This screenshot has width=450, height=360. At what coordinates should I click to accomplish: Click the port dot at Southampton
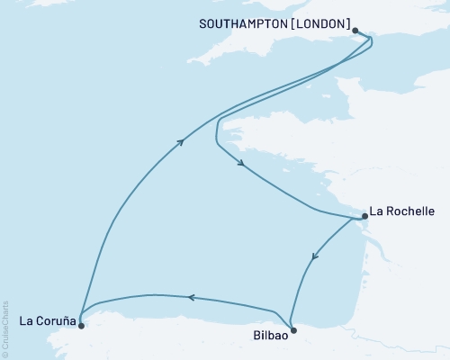(x=355, y=31)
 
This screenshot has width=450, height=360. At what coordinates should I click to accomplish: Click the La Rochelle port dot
(x=364, y=216)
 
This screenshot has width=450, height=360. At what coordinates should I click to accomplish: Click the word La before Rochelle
(x=378, y=212)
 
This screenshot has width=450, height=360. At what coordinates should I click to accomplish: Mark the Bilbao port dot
(x=292, y=329)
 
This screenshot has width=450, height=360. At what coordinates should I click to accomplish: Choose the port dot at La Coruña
(x=81, y=316)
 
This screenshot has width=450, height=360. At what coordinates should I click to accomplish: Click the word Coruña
(x=52, y=321)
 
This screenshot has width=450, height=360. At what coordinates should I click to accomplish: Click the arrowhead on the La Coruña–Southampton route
(x=182, y=140)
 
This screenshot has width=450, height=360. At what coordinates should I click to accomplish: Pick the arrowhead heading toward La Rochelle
(x=241, y=164)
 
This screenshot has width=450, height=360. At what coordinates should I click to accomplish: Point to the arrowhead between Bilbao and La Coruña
(x=191, y=297)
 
